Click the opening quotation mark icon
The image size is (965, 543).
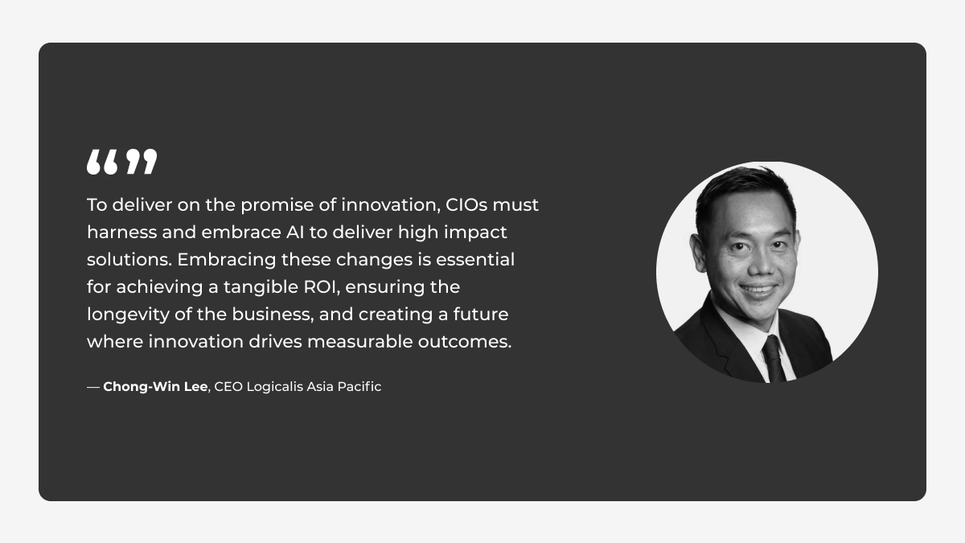[102, 162]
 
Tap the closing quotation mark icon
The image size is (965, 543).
[142, 162]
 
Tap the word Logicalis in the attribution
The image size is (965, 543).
[274, 387]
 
